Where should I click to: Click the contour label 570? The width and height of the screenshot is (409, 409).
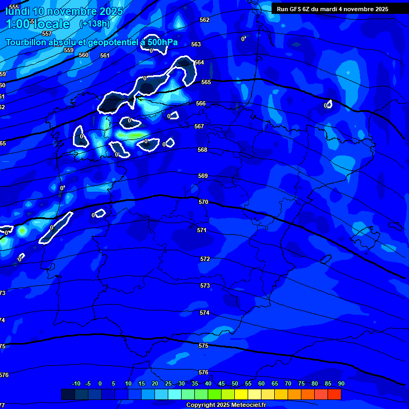pyautogui.click(x=203, y=202)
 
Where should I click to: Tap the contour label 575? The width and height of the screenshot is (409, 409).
pyautogui.click(x=203, y=346)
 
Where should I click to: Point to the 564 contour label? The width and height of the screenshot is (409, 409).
pyautogui.click(x=199, y=62)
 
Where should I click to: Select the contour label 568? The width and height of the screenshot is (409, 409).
pyautogui.click(x=202, y=150)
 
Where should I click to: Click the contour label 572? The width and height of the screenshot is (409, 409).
pyautogui.click(x=205, y=259)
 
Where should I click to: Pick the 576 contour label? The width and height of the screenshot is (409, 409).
pyautogui.click(x=203, y=373)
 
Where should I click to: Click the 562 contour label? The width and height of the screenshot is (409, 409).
pyautogui.click(x=204, y=20)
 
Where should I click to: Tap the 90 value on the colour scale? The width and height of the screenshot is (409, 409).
pyautogui.click(x=341, y=384)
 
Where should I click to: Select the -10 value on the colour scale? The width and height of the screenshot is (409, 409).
pyautogui.click(x=76, y=384)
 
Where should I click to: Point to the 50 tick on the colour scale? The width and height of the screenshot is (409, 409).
pyautogui.click(x=235, y=384)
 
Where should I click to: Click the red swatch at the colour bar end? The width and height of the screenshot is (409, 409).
pyautogui.click(x=334, y=394)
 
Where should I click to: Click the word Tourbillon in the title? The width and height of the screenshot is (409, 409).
pyautogui.click(x=27, y=43)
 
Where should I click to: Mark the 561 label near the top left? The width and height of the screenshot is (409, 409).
pyautogui.click(x=105, y=55)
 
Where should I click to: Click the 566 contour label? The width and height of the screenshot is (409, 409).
pyautogui.click(x=201, y=104)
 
